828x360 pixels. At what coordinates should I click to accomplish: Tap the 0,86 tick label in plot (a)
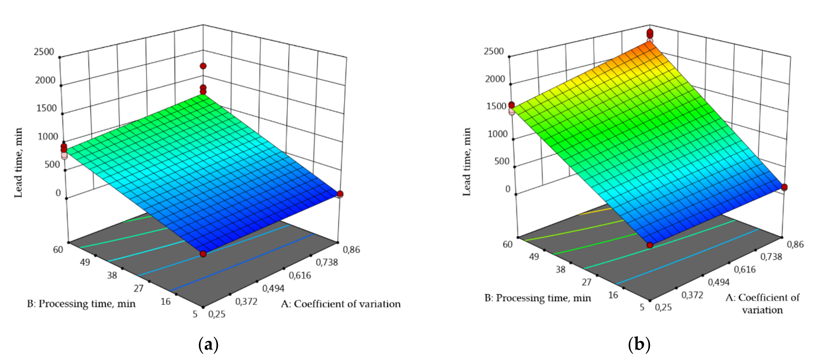point(351,250)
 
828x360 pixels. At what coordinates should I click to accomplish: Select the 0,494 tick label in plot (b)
point(719,282)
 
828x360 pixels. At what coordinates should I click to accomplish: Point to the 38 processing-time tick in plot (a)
point(112,275)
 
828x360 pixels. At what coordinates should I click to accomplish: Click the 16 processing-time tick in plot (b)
point(613,295)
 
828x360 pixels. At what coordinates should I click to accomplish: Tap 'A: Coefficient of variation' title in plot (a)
point(341,304)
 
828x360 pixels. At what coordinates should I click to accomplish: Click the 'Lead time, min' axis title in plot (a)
point(19,162)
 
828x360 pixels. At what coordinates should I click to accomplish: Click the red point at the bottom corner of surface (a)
point(203,254)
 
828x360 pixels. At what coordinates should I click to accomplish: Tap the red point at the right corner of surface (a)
point(340,194)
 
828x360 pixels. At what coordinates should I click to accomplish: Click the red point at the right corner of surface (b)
point(784,187)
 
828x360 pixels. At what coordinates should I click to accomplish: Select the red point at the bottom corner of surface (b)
point(650,245)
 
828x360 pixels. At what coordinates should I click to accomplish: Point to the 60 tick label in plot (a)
point(58,250)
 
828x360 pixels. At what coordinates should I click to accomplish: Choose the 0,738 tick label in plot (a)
point(327,263)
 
